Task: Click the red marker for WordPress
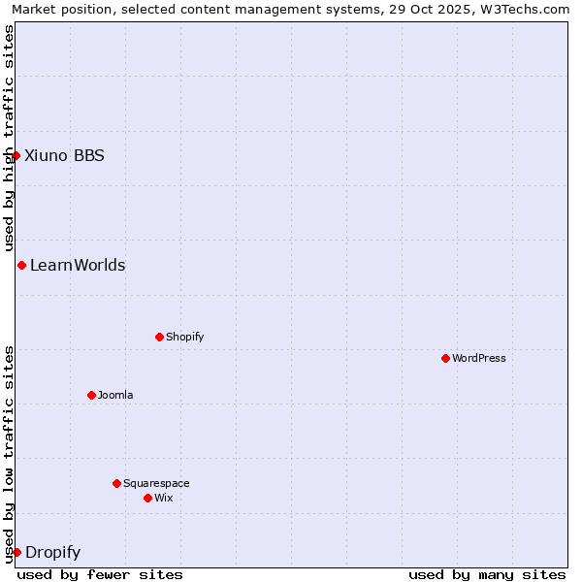pos(445,358)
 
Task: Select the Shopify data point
pos(159,337)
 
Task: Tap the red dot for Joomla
pos(91,395)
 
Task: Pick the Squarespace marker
pos(116,483)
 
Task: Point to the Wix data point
pos(147,498)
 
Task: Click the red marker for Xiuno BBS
pos(16,155)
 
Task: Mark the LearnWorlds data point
pos(21,265)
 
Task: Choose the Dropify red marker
pos(16,552)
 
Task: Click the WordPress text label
pos(479,358)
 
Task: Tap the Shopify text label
pos(185,337)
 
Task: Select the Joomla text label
pos(115,395)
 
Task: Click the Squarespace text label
pos(156,483)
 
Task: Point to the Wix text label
pos(164,498)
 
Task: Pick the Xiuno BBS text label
pos(64,155)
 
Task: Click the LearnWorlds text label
pos(78,265)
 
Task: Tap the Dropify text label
pos(52,552)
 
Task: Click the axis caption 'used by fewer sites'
pos(100,574)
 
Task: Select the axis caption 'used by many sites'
pos(487,574)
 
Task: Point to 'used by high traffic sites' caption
pos(10,138)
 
